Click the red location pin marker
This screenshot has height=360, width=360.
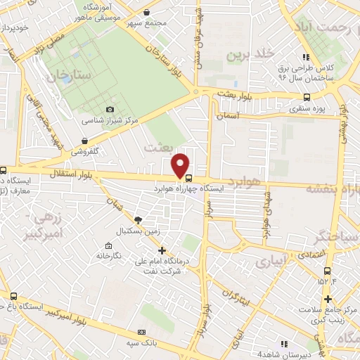(181, 167)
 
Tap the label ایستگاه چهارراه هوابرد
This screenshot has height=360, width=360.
(226, 188)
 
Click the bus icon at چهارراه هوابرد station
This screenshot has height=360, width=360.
(188, 188)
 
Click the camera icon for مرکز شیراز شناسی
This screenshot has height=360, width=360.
(110, 109)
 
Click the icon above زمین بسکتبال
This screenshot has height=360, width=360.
(138, 219)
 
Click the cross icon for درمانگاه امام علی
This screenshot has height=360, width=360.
(162, 250)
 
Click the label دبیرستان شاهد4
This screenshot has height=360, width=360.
(263, 354)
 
